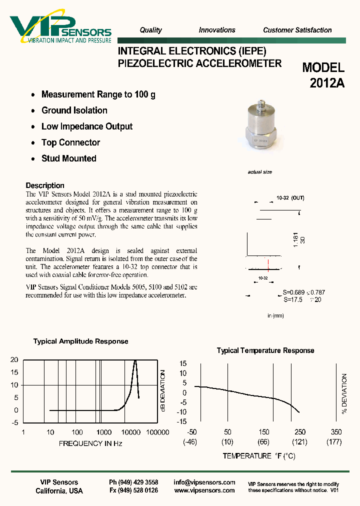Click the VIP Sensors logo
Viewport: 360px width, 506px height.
pos(60,28)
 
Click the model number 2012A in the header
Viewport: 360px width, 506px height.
pos(327,83)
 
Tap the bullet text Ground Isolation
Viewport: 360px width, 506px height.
pos(74,110)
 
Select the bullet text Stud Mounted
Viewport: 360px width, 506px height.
pos(69,158)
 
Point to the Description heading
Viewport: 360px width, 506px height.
pos(45,185)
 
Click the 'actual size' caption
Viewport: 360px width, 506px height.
pos(260,172)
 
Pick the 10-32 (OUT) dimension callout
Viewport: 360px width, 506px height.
pos(290,198)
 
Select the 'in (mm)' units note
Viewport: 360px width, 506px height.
pos(275,315)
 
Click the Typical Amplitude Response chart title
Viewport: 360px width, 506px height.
pos(80,341)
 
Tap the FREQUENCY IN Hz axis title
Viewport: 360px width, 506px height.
pos(90,443)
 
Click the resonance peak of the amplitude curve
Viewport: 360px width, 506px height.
pos(135,361)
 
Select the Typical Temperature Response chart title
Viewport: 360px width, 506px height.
pos(265,350)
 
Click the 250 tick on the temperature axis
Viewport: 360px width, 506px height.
pos(300,432)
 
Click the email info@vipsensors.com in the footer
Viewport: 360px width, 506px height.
pos(204,482)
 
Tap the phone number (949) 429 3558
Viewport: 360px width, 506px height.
pos(133,482)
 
